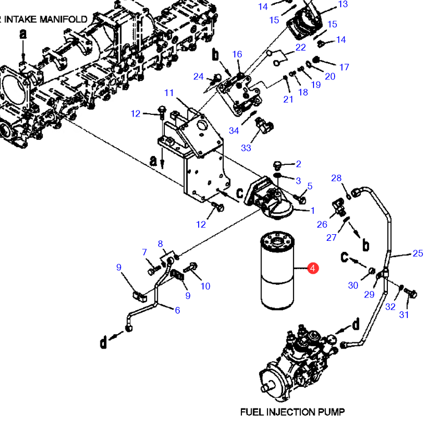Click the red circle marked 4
[313, 268]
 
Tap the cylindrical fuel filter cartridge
[277, 270]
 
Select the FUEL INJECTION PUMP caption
[292, 412]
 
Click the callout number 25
[418, 253]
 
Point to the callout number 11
[169, 93]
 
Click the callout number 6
[178, 310]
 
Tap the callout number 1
[312, 210]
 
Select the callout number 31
[404, 315]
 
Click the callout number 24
[199, 77]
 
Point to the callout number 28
[336, 178]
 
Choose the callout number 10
[205, 286]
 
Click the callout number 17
[344, 67]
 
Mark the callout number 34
[234, 130]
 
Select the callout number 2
[299, 164]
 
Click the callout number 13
[343, 4]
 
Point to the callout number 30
[353, 285]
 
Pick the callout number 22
[301, 47]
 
